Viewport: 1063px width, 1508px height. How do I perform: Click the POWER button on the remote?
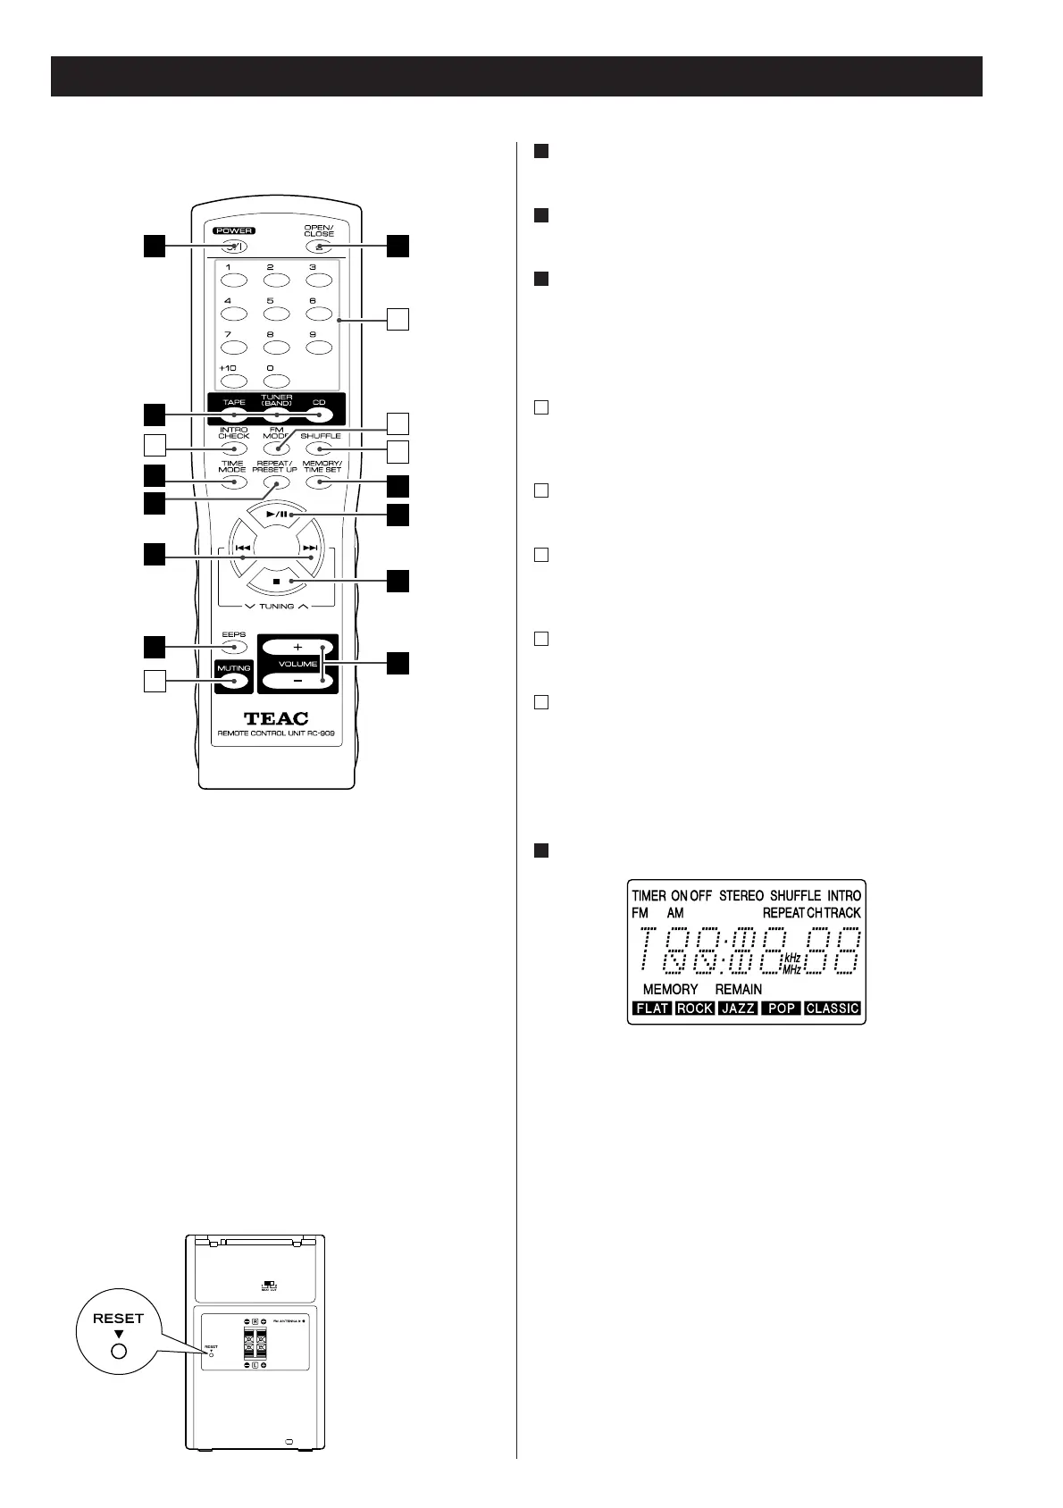[234, 247]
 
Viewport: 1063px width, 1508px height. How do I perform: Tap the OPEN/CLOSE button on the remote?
[319, 247]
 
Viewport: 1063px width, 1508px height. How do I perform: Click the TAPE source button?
[234, 415]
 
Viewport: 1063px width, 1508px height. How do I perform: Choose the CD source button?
[319, 415]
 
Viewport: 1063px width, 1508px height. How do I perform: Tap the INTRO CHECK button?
[234, 448]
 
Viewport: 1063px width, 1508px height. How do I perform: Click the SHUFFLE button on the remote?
[319, 448]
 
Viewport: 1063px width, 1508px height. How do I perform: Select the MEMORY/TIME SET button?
[319, 482]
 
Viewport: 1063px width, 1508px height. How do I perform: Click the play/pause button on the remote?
[276, 515]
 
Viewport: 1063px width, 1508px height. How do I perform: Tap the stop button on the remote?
[276, 582]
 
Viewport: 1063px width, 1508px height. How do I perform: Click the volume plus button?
[297, 647]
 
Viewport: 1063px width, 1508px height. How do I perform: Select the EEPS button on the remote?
[234, 647]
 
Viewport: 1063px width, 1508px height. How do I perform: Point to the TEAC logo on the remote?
[276, 718]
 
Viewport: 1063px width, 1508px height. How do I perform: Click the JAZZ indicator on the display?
[738, 1008]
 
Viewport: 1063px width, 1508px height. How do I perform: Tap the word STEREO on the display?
[741, 895]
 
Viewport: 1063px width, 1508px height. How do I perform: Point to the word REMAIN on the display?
[739, 989]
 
